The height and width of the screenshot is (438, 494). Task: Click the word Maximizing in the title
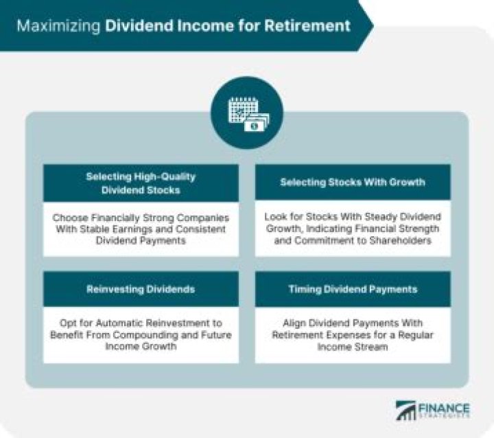pyautogui.click(x=58, y=26)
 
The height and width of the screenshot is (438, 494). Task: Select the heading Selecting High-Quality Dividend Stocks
pyautogui.click(x=141, y=183)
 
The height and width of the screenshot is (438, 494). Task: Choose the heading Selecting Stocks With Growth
pyautogui.click(x=353, y=183)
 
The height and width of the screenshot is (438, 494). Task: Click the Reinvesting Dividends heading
pyautogui.click(x=141, y=289)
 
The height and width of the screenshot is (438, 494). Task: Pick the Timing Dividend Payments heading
pyautogui.click(x=353, y=289)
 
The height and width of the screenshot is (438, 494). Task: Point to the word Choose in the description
pyautogui.click(x=69, y=218)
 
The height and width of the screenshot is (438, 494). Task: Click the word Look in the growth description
pyautogui.click(x=276, y=218)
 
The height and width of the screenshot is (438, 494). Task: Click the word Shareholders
pyautogui.click(x=403, y=241)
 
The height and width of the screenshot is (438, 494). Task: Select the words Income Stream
pyautogui.click(x=353, y=347)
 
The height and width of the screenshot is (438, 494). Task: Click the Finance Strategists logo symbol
pyautogui.click(x=408, y=410)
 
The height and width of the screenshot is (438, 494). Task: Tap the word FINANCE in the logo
pyautogui.click(x=445, y=406)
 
